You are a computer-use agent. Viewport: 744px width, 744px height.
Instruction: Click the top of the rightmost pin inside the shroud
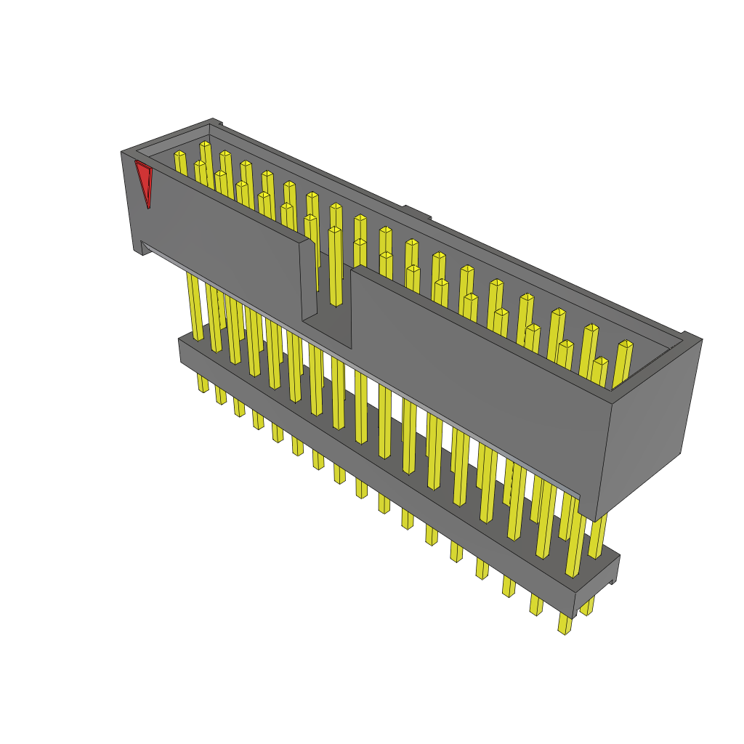(x=625, y=344)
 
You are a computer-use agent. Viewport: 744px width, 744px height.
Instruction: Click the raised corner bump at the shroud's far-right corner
(x=690, y=336)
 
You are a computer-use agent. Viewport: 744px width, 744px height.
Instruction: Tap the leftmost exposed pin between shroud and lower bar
(x=194, y=305)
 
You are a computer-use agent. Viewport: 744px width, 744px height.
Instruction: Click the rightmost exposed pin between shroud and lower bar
(x=597, y=538)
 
